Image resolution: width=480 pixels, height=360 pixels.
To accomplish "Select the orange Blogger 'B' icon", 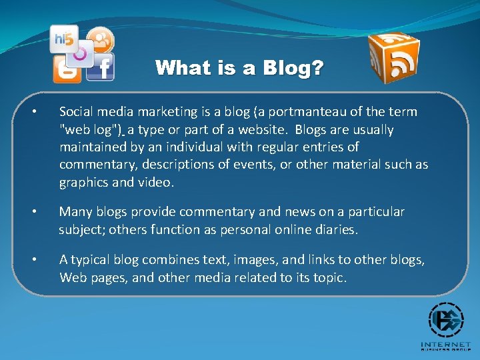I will pos(67,69).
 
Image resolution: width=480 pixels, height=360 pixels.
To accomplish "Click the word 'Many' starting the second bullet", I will pos(74,212).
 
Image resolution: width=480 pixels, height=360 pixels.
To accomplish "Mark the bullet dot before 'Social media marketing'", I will pos(41,112).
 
